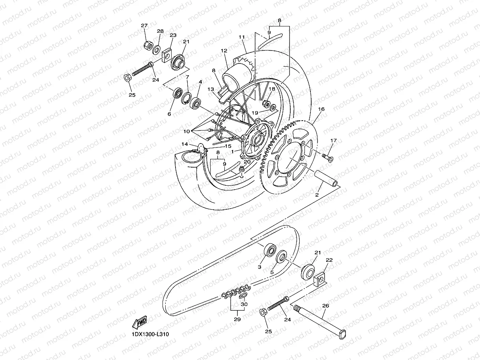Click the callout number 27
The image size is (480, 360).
coord(144,26)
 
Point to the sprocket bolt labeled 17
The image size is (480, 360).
coord(327,157)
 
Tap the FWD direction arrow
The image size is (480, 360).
coord(140,322)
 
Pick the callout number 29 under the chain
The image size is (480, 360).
coord(237,319)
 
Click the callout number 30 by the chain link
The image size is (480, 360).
coord(244,304)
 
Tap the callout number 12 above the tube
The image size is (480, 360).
coord(224,51)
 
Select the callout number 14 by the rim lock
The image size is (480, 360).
coord(185,144)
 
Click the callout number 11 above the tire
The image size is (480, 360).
coord(242,37)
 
